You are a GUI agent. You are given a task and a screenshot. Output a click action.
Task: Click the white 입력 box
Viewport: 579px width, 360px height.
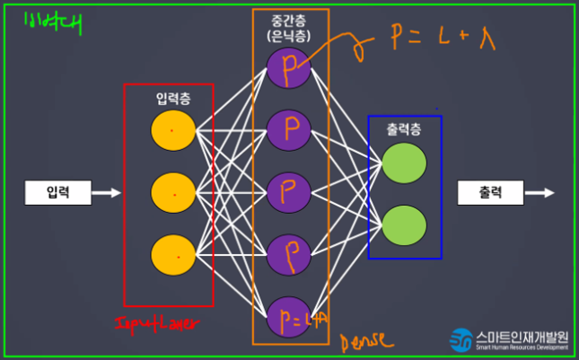tap(57, 192)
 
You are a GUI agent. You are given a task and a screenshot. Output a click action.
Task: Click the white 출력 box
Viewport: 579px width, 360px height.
tap(490, 192)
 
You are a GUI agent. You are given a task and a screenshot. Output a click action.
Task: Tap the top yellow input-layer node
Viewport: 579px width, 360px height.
tap(173, 131)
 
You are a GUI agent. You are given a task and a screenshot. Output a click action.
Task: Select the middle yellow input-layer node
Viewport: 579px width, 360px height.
tap(173, 192)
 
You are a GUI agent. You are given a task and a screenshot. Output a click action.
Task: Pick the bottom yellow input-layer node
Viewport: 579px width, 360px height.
tap(173, 254)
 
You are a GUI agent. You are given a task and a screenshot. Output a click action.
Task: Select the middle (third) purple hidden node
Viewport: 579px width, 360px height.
tap(289, 192)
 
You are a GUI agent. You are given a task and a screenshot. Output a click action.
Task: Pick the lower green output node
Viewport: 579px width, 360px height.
tap(403, 224)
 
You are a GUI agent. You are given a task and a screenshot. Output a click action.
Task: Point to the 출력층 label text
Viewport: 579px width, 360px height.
tap(404, 129)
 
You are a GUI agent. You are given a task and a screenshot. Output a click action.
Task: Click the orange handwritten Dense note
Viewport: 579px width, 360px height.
tap(363, 342)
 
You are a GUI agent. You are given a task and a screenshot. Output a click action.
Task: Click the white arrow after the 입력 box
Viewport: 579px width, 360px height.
tap(106, 192)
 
